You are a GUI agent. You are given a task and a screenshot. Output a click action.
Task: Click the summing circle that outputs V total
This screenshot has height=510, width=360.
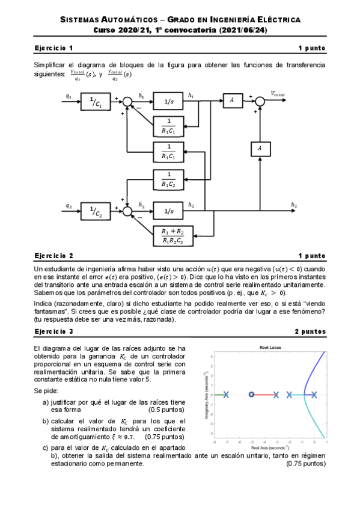click(260, 102)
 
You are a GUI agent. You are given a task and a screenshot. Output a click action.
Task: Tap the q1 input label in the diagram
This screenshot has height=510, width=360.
click(69, 96)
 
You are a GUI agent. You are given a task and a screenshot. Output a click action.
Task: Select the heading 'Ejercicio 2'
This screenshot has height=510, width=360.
click(54, 256)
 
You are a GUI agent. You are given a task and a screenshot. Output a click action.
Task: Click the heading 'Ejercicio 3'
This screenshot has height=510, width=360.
click(54, 331)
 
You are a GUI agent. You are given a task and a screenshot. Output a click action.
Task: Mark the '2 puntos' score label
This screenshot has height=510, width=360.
click(310, 331)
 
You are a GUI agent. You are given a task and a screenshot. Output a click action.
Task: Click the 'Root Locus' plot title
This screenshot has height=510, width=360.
click(269, 348)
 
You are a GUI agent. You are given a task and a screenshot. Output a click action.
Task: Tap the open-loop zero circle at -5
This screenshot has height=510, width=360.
click(251, 395)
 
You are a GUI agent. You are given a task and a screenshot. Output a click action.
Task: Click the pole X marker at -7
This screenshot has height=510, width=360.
click(226, 395)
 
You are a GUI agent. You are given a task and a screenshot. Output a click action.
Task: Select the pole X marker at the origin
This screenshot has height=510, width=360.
click(314, 395)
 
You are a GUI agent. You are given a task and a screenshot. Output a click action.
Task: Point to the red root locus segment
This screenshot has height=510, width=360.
click(264, 395)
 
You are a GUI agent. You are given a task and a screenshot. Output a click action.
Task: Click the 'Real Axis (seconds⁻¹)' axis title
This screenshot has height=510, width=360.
click(269, 448)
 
